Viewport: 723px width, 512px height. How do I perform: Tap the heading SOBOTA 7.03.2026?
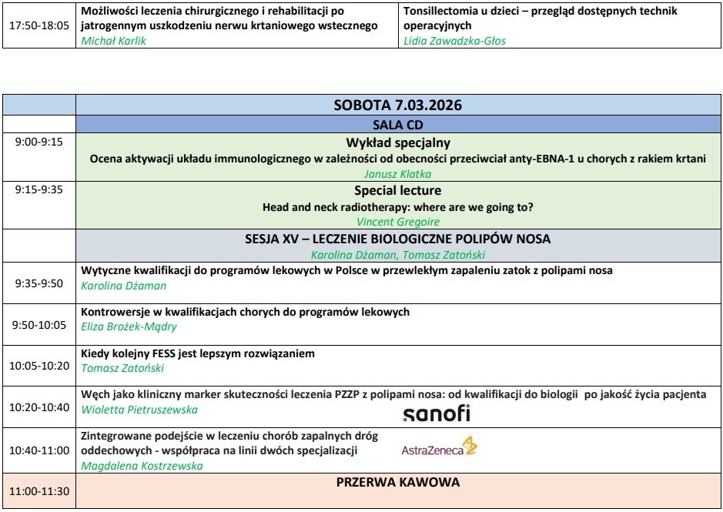397,105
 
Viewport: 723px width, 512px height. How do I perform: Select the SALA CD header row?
397,125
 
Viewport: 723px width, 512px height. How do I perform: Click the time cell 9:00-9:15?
38,142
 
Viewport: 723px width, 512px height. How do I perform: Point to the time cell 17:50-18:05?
38,25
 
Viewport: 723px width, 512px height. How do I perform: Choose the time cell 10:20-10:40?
38,407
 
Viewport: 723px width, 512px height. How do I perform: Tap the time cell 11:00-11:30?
38,491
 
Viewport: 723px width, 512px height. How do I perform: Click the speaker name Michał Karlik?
113,41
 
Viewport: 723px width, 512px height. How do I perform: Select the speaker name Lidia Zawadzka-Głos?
454,41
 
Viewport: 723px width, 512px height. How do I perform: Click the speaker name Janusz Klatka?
397,174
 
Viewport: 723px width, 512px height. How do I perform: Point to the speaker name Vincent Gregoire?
397,222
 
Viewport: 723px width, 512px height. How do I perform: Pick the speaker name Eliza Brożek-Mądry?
129,326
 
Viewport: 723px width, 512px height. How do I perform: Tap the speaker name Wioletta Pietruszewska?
139,410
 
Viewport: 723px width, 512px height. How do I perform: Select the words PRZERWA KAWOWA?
397,484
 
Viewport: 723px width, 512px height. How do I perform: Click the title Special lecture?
397,190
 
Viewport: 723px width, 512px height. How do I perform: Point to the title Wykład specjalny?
397,142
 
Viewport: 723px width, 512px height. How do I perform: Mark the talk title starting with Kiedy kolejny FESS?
198,353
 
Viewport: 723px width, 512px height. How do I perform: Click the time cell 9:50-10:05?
38,325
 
